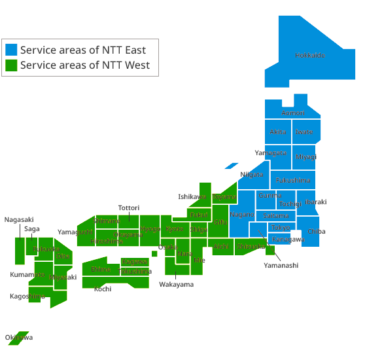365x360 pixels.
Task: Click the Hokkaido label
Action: click(309, 55)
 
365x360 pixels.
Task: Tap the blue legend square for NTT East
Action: click(11, 50)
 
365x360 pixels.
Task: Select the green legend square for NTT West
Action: click(11, 65)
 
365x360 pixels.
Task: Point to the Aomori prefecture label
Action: click(292, 113)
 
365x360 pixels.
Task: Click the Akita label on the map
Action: click(278, 132)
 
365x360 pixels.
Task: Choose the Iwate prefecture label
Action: click(304, 132)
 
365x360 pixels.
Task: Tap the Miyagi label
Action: click(305, 157)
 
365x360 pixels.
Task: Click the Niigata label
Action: click(252, 174)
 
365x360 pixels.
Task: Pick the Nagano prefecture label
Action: click(241, 215)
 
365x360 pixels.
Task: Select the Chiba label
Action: click(316, 231)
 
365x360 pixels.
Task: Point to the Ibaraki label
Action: click(316, 202)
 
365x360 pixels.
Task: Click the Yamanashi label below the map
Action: click(281, 265)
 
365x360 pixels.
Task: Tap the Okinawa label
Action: click(18, 338)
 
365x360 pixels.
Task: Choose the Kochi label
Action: click(103, 289)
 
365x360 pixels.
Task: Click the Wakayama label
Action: click(176, 284)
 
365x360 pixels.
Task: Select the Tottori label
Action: click(129, 208)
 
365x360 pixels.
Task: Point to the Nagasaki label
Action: click(19, 220)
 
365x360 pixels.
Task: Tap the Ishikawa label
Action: click(192, 196)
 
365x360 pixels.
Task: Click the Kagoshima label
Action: click(27, 296)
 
